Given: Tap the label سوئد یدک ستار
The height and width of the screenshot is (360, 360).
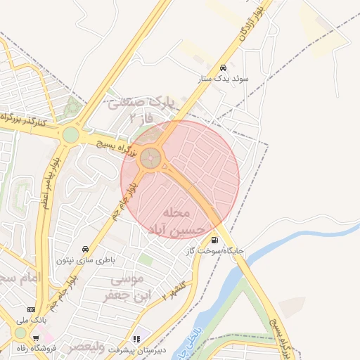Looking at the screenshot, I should [224, 80].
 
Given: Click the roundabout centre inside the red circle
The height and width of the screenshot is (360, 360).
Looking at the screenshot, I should [150, 158].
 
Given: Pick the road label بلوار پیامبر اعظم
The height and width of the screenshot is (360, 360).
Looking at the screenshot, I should [46, 191].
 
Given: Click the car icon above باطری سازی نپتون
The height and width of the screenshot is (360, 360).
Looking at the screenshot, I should [86, 249].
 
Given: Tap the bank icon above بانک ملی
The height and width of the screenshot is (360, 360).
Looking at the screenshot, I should [30, 309].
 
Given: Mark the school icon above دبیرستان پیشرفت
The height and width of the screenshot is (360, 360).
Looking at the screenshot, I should [136, 339].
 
